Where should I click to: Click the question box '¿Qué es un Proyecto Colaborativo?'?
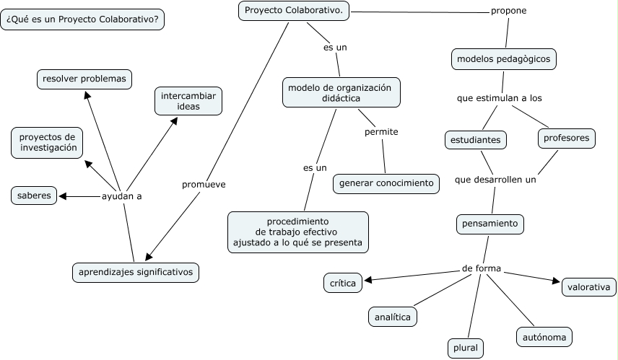83,19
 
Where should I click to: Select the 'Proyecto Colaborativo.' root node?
294,11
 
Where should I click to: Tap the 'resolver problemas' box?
84,79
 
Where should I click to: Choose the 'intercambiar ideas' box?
188,101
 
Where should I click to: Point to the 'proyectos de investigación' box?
48,142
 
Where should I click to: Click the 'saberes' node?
34,196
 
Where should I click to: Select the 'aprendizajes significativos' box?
136,272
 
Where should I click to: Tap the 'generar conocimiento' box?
386,183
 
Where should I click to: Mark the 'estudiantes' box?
475,139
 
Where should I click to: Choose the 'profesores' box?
567,138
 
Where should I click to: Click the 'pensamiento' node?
491,224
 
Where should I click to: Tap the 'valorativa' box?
589,287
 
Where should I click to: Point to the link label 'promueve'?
204,185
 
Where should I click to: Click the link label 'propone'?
509,11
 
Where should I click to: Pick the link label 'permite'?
381,132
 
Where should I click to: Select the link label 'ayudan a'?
121,196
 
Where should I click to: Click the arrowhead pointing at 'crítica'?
368,280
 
